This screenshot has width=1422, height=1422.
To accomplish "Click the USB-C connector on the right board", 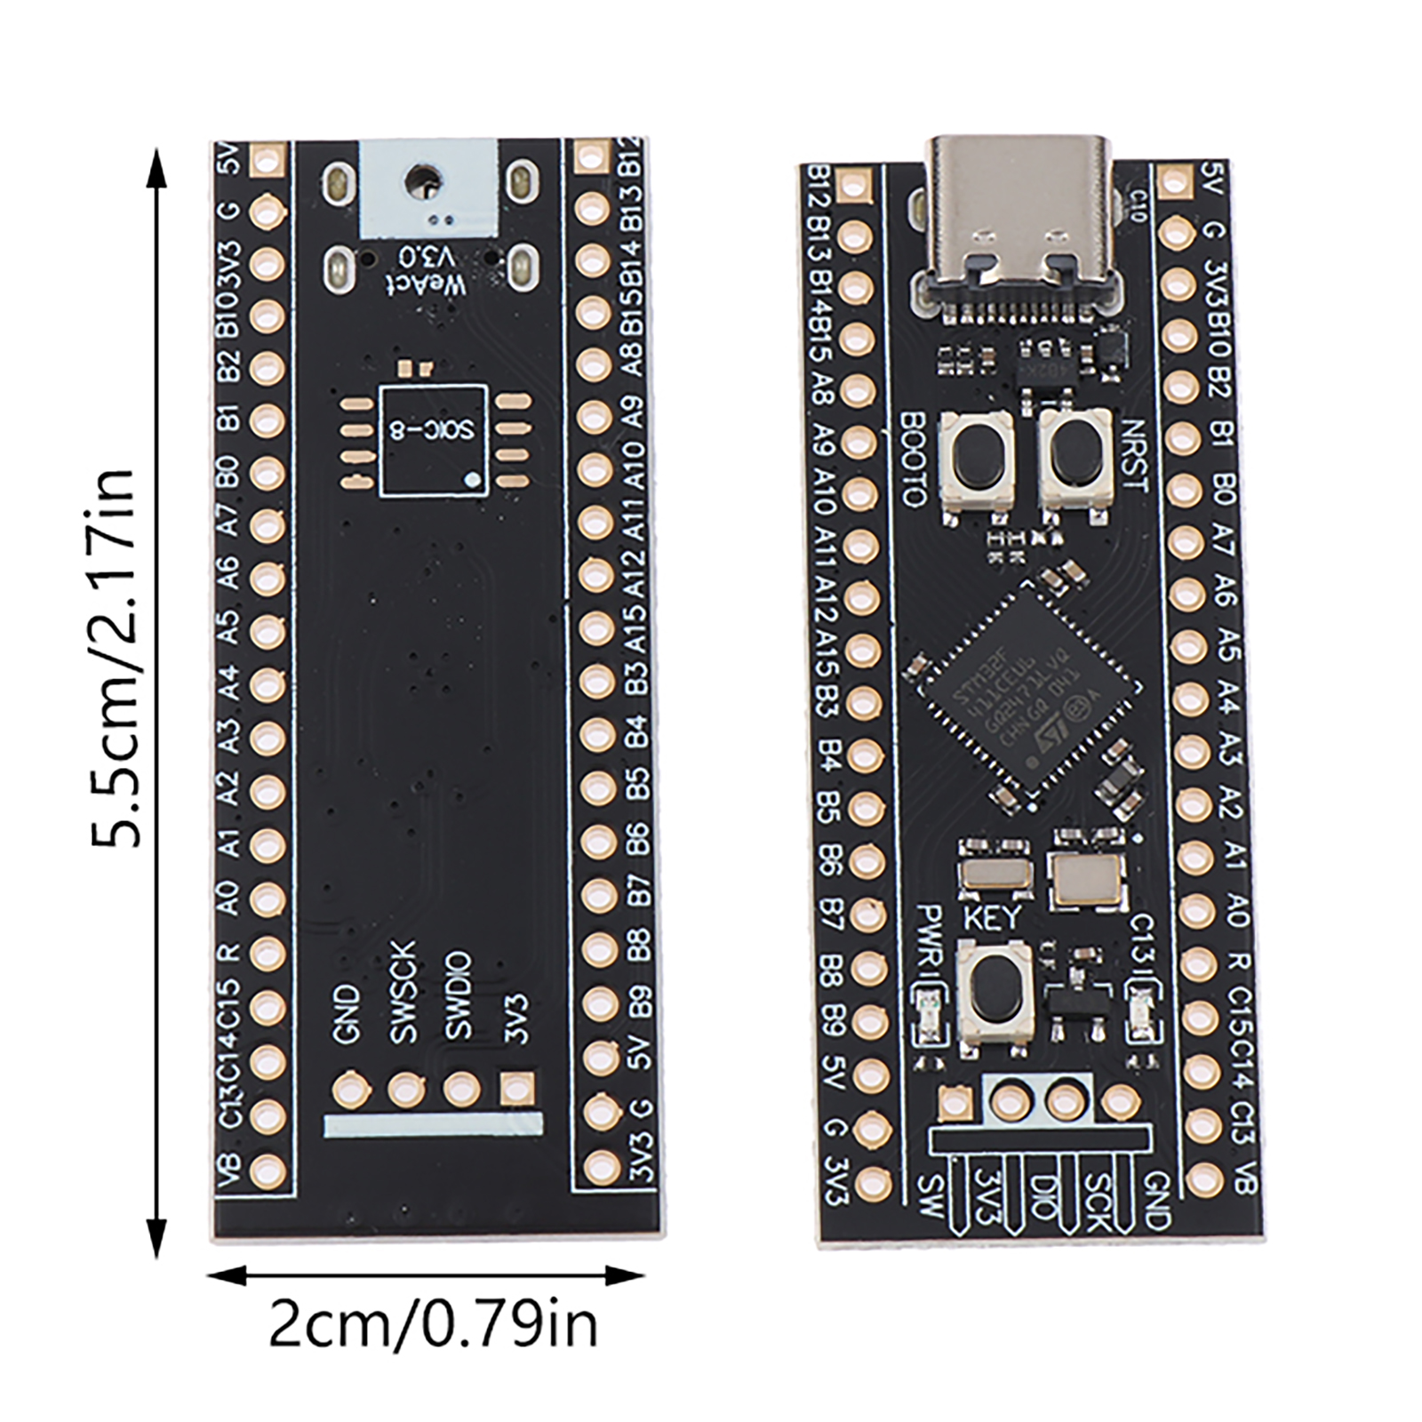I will (1019, 222).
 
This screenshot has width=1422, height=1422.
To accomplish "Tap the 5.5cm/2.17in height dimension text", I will (113, 658).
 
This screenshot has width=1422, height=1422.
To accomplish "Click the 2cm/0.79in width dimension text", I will (433, 1324).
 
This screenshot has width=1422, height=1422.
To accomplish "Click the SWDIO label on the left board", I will (459, 995).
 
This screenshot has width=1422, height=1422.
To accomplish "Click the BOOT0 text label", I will (913, 459).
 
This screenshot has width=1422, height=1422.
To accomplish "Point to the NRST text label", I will (1135, 455).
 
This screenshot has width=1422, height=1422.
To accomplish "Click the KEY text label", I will (992, 916).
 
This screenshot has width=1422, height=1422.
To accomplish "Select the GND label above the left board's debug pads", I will (347, 1014).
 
